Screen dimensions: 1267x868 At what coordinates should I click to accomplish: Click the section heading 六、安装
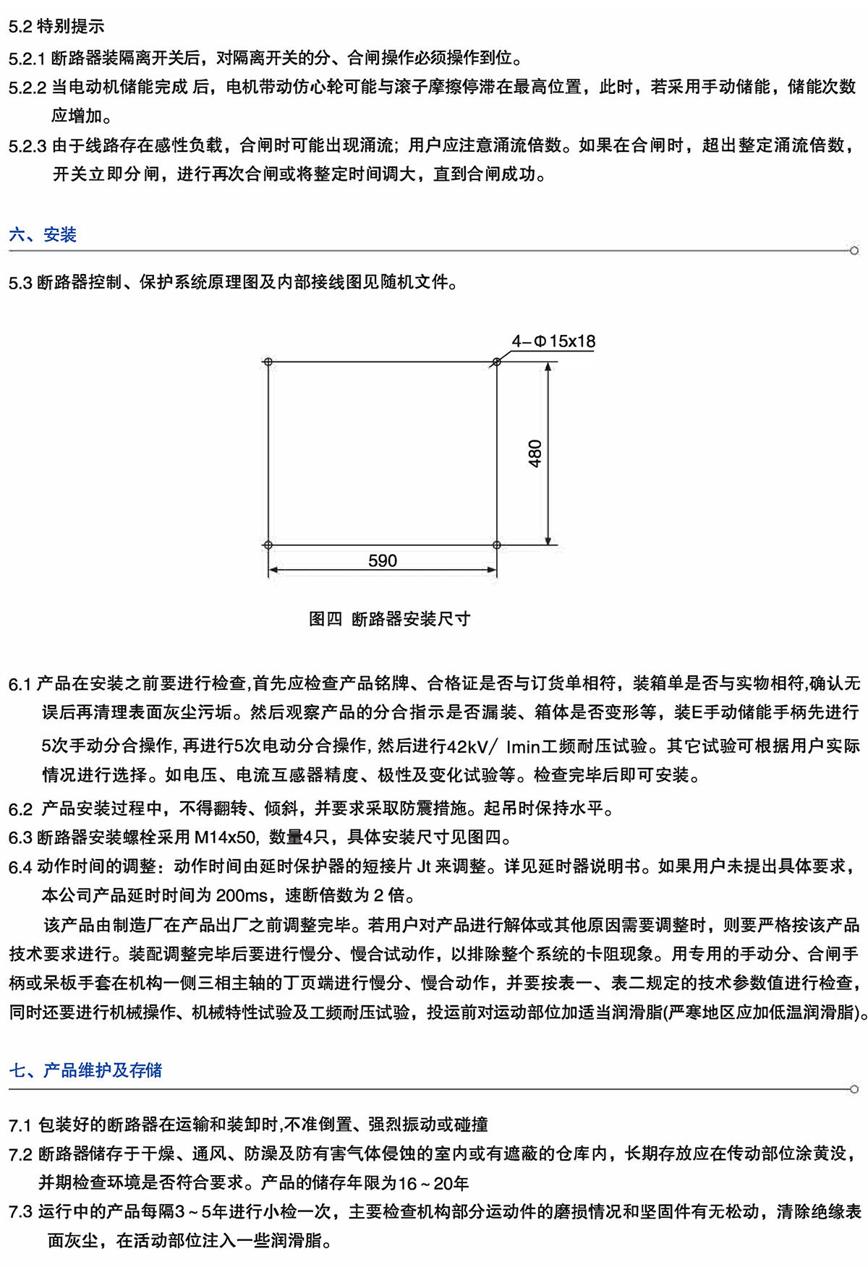pos(43,235)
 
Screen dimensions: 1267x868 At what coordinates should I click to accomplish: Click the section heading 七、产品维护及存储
pos(85,1070)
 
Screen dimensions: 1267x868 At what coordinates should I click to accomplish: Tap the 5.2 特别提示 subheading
pos(56,27)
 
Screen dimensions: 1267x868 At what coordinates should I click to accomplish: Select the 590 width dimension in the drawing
pos(383,561)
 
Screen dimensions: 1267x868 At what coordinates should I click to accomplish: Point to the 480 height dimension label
pos(535,453)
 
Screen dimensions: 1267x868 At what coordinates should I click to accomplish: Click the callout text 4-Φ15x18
pos(553,341)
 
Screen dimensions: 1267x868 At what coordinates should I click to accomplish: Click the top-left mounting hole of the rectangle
pos(268,362)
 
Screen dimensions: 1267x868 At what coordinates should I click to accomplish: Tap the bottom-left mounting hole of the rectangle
pos(268,545)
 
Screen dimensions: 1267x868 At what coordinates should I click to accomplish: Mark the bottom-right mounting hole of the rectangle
pos(496,545)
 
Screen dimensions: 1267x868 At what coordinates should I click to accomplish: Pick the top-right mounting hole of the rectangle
pos(496,362)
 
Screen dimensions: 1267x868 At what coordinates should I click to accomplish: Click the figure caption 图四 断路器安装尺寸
pos(389,619)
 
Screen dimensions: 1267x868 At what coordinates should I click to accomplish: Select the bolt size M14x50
pos(226,837)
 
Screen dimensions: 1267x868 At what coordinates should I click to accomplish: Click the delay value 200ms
pos(242,896)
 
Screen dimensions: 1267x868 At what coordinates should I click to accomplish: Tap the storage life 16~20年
pos(433,1183)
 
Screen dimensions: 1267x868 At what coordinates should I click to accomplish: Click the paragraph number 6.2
pos(21,809)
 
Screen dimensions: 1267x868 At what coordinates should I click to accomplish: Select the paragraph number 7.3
pos(20,1212)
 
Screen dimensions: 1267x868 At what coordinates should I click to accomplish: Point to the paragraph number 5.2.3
pos(27,146)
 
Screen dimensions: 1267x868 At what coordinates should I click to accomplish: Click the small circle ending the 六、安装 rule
pos(854,251)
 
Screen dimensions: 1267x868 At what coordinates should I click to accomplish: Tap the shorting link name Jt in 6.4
pos(424,866)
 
